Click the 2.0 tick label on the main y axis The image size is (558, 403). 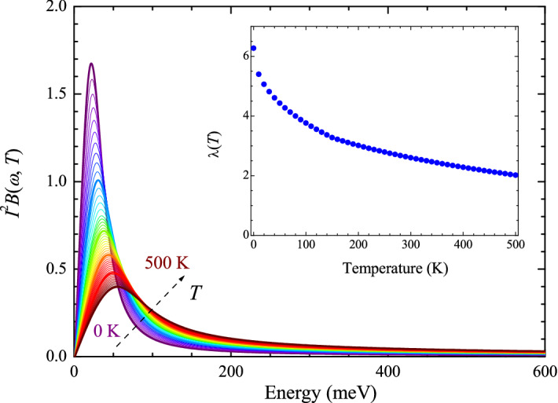[56, 7]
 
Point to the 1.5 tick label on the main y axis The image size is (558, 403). [56, 94]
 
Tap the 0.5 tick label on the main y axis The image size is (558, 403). [56, 269]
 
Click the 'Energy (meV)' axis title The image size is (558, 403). [308, 391]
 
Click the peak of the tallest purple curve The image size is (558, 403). [92, 64]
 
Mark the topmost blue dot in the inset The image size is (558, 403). [253, 49]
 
